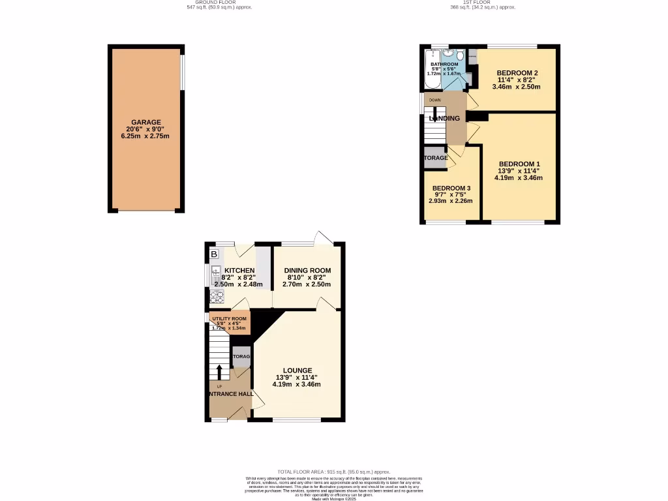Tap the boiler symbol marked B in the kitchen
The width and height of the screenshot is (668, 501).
[214, 254]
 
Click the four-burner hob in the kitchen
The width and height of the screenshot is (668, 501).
[216, 297]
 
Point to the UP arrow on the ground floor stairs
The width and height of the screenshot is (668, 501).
[219, 372]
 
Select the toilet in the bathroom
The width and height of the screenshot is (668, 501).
[459, 55]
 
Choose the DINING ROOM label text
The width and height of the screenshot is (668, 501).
[307, 271]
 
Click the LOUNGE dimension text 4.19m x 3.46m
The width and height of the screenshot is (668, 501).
[297, 384]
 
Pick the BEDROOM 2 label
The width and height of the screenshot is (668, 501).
[517, 72]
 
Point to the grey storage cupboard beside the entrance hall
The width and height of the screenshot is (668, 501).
[241, 356]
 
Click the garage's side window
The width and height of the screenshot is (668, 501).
[182, 72]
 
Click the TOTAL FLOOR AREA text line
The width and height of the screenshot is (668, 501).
[333, 472]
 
